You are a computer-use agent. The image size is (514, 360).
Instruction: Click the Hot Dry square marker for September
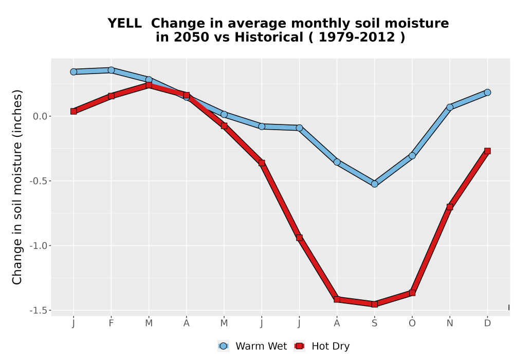point(374,304)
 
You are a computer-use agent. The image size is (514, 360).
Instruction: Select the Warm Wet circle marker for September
point(374,184)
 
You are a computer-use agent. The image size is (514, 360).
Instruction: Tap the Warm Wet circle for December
point(487,92)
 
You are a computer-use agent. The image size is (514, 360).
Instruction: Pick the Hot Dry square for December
point(487,151)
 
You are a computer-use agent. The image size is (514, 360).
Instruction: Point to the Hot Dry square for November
point(450,207)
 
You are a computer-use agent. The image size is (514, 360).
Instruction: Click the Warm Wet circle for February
point(111,70)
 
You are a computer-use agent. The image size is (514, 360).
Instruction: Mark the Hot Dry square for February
point(111,96)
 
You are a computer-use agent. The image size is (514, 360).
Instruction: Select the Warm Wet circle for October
point(412,155)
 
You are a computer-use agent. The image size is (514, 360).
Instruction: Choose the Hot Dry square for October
point(412,293)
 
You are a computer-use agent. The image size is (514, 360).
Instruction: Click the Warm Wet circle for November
point(450,107)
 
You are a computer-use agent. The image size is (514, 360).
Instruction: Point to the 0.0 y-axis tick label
point(40,116)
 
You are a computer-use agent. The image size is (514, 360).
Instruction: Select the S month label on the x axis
point(374,323)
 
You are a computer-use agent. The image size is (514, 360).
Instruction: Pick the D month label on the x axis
point(487,323)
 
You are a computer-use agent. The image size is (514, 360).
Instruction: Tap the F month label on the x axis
point(111,323)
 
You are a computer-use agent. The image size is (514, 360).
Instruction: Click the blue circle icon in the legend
point(223,346)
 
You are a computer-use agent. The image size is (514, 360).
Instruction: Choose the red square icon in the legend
point(299,346)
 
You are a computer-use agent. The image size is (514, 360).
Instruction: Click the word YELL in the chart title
point(124,23)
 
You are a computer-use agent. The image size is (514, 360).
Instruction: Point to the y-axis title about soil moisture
point(17,187)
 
